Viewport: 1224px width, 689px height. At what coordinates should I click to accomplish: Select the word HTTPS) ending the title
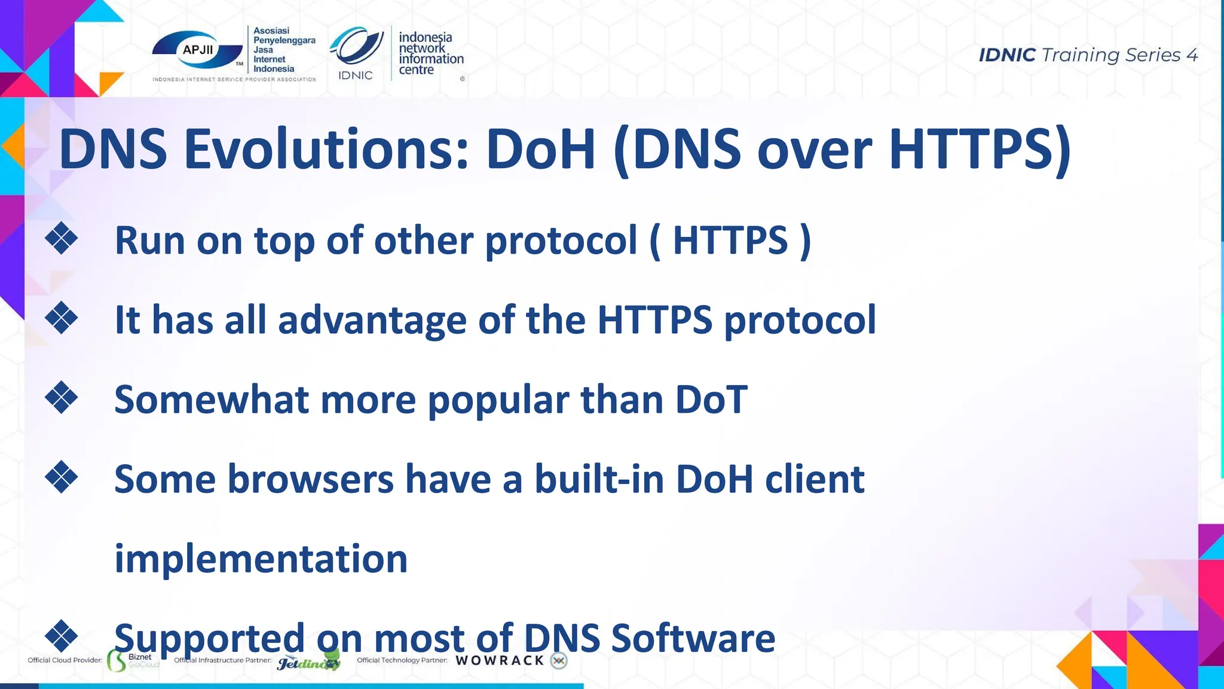[980, 149]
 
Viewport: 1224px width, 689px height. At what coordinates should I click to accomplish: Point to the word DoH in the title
[541, 149]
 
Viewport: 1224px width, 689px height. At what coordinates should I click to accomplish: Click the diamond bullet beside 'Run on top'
[62, 239]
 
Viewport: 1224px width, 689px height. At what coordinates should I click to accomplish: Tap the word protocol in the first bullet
[561, 240]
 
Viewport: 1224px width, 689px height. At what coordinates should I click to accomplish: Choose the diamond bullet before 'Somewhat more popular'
[62, 398]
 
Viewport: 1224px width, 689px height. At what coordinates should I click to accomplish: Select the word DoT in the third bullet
[711, 399]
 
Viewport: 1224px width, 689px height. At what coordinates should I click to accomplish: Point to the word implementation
[261, 559]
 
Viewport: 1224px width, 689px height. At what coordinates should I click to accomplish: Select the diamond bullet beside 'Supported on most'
[62, 636]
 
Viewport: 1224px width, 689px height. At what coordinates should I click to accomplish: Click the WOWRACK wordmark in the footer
[500, 661]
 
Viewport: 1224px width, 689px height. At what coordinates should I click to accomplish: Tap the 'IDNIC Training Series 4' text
[1088, 55]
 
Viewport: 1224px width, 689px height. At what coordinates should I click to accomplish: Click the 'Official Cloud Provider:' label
[65, 660]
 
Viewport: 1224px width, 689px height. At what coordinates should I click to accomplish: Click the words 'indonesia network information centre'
[430, 53]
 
